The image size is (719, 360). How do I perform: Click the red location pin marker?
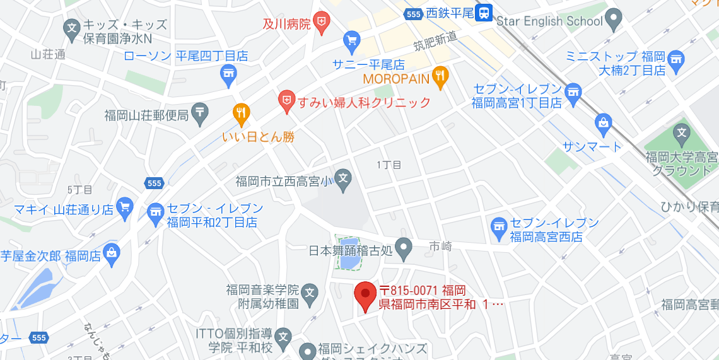(x=365, y=295)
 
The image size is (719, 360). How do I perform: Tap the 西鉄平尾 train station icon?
(x=484, y=12)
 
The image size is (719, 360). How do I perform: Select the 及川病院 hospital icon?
(x=322, y=23)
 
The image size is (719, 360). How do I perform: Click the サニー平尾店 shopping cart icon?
(x=351, y=42)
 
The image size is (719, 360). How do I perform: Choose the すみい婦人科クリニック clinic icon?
(x=287, y=101)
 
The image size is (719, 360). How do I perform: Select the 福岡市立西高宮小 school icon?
(x=343, y=178)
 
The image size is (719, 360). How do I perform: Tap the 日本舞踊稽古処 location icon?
(x=404, y=246)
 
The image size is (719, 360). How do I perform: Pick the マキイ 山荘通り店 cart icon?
(x=125, y=207)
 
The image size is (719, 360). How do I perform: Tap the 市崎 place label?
(x=440, y=247)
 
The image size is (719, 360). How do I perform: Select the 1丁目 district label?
(x=389, y=165)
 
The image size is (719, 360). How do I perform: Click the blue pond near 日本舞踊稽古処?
(x=348, y=252)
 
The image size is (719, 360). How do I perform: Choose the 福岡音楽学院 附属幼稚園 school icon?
(x=309, y=292)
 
